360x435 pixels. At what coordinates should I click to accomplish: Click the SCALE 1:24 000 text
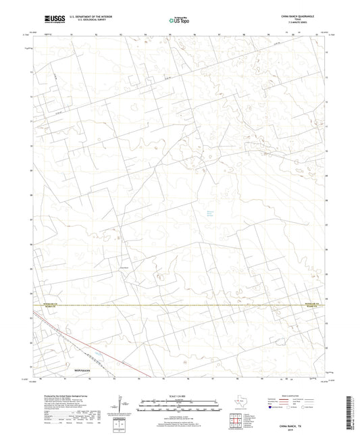point(179,395)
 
